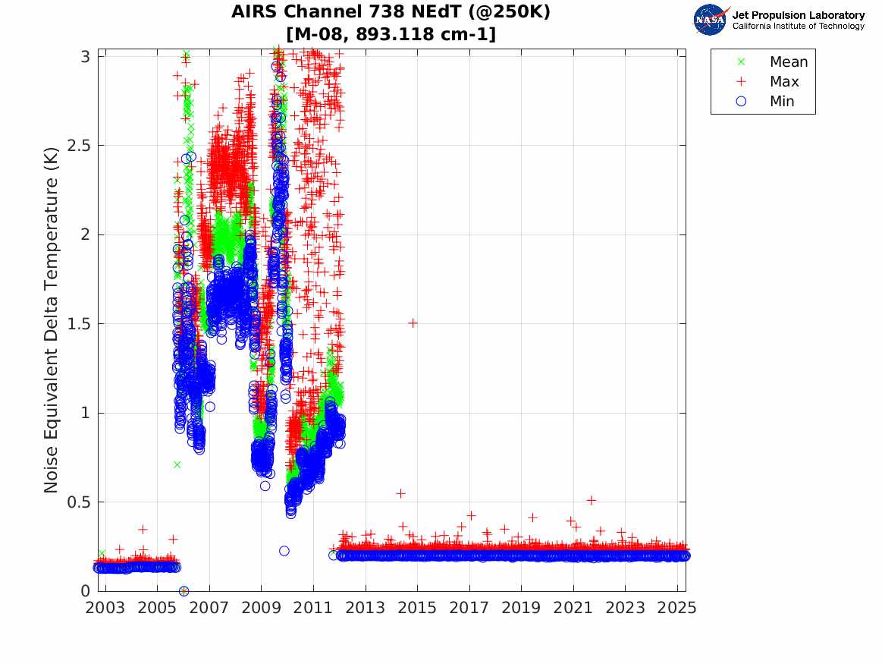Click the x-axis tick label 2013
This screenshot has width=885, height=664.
click(365, 608)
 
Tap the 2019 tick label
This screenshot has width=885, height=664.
click(521, 608)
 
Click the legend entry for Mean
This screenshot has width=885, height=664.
click(788, 62)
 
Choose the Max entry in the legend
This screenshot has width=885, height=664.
click(783, 81)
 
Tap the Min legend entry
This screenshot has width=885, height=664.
click(782, 101)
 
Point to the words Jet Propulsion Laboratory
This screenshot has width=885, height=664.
click(798, 15)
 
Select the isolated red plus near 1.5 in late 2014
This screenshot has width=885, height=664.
click(413, 323)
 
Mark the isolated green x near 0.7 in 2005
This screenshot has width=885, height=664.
click(177, 464)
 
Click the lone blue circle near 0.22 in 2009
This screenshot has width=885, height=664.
click(284, 551)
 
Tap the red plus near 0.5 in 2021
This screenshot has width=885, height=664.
click(591, 500)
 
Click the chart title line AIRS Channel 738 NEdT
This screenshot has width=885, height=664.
click(391, 12)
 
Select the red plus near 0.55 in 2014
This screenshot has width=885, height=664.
click(400, 493)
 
